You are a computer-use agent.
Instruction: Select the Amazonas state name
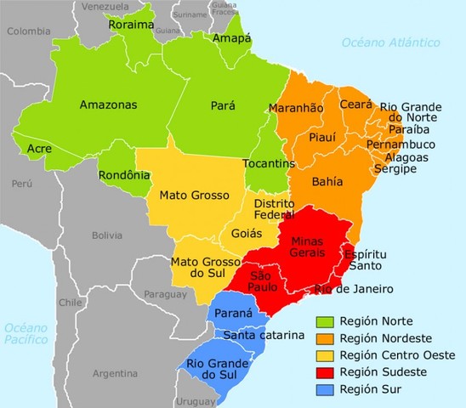pyautogui.click(x=110, y=105)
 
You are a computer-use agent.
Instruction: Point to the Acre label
pyautogui.click(x=39, y=149)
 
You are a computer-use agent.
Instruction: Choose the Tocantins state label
pyautogui.click(x=268, y=163)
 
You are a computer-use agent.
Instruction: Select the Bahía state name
pyautogui.click(x=328, y=182)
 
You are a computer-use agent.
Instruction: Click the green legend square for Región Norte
pyautogui.click(x=325, y=321)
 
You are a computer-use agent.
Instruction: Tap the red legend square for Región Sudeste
pyautogui.click(x=325, y=372)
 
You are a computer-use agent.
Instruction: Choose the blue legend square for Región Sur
pyautogui.click(x=325, y=389)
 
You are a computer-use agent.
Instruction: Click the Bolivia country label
pyautogui.click(x=108, y=235)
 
